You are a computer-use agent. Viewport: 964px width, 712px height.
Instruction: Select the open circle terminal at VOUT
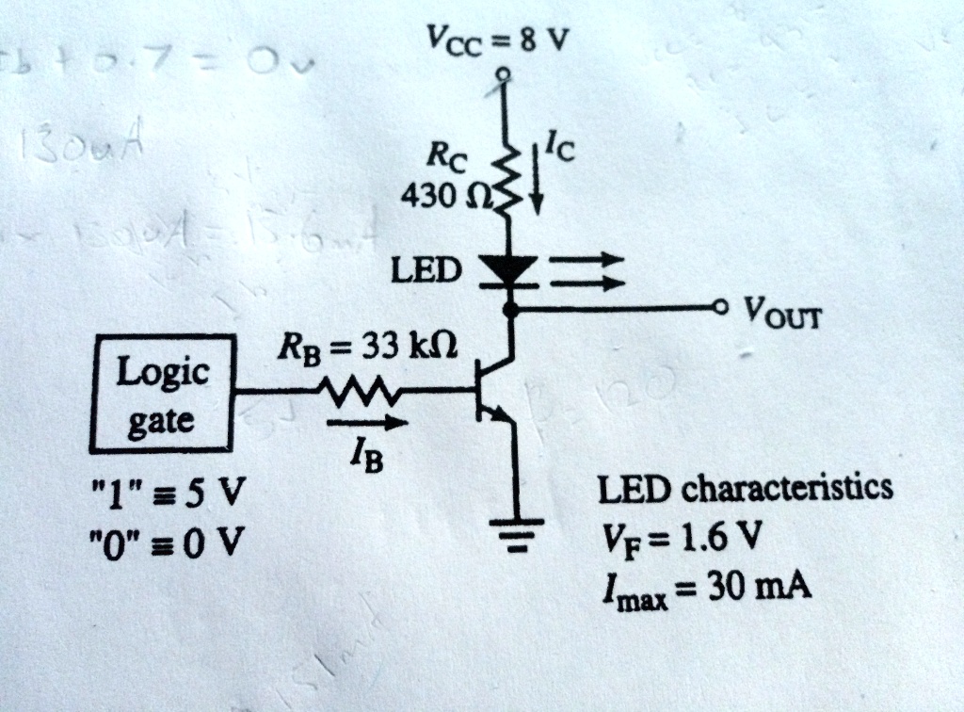(x=721, y=307)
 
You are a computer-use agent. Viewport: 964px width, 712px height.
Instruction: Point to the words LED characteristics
(x=745, y=489)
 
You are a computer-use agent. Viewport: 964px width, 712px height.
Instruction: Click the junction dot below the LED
(x=510, y=308)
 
